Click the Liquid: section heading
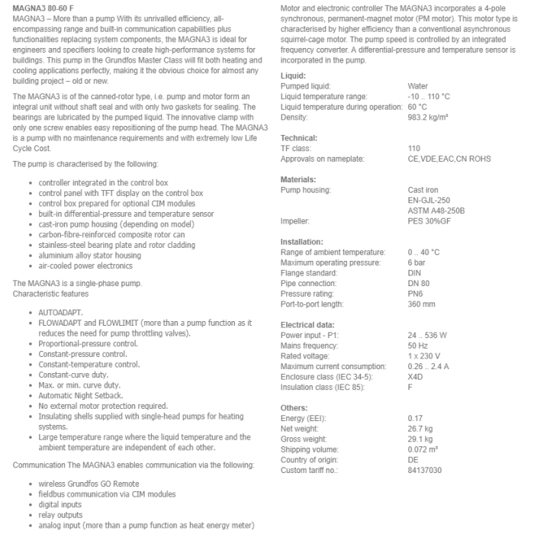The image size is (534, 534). pos(293,76)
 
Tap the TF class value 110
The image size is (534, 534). pos(414,148)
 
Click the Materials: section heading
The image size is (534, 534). pos(298,179)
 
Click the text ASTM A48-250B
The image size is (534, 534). pos(436,211)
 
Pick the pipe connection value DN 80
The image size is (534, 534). pos(420,283)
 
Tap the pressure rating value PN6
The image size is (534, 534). pos(416,294)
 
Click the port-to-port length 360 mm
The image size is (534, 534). pos(421,304)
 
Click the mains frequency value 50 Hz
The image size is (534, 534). pos(418,346)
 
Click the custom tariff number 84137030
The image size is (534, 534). pos(425,471)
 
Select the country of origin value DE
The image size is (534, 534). pos(413,460)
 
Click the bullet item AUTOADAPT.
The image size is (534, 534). pos(61,313)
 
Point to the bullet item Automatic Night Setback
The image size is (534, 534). pos(82,396)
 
